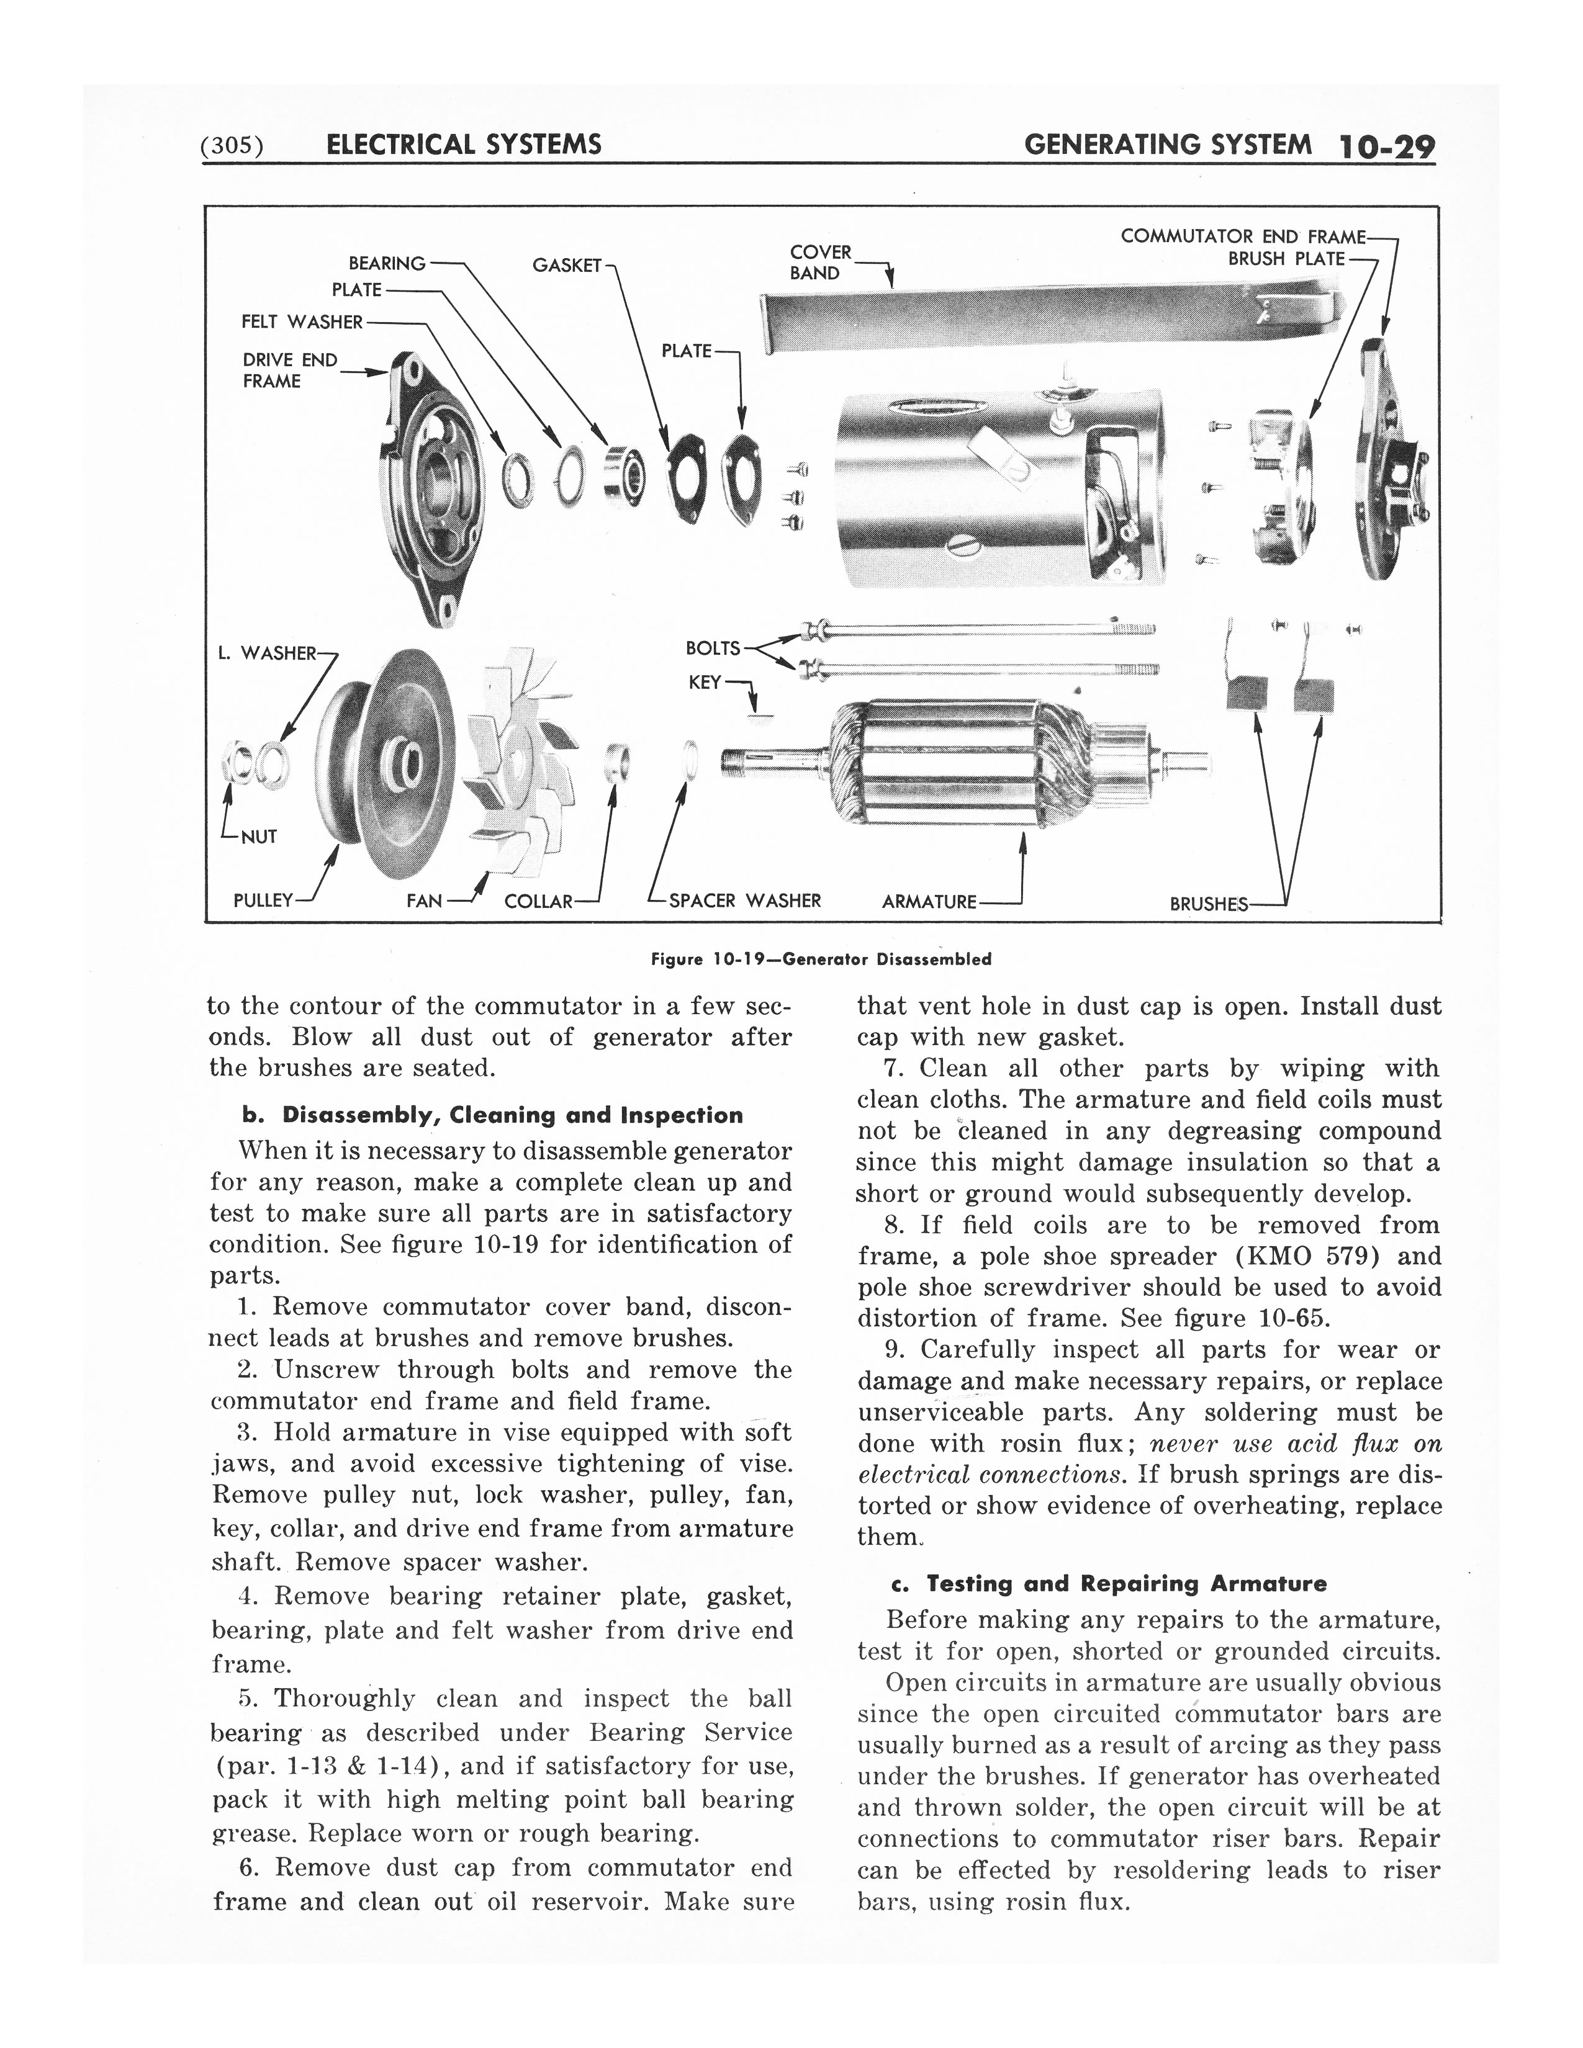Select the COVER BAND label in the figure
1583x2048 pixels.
(x=821, y=263)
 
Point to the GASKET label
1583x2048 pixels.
(x=566, y=266)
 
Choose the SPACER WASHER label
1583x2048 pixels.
(x=744, y=901)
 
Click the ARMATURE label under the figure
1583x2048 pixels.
(x=929, y=902)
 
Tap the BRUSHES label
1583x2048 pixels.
(x=1208, y=904)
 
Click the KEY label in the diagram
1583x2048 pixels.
(x=705, y=683)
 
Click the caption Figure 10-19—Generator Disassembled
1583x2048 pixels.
(x=821, y=959)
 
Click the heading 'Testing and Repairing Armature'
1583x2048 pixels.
(x=1109, y=1584)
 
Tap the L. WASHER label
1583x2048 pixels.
(x=268, y=653)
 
